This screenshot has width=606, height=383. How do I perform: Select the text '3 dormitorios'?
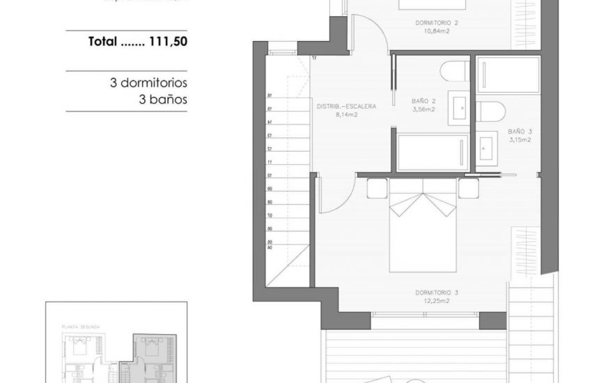148,83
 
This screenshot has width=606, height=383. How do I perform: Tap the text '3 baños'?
163,100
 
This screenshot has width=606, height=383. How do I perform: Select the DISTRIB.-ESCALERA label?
346,107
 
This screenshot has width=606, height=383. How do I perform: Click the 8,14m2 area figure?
346,116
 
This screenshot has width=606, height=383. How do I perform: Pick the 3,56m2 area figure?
424,109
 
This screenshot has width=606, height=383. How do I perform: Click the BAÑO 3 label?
520,131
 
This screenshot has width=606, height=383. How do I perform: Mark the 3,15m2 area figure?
520,139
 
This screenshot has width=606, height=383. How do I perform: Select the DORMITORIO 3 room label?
437,292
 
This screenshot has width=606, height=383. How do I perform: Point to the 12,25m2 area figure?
437,302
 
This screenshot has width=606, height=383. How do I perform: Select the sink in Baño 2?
459,108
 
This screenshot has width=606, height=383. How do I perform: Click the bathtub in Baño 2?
433,151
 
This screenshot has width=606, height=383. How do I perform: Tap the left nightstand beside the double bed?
377,189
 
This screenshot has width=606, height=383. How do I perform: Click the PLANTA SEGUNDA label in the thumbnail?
81,326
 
